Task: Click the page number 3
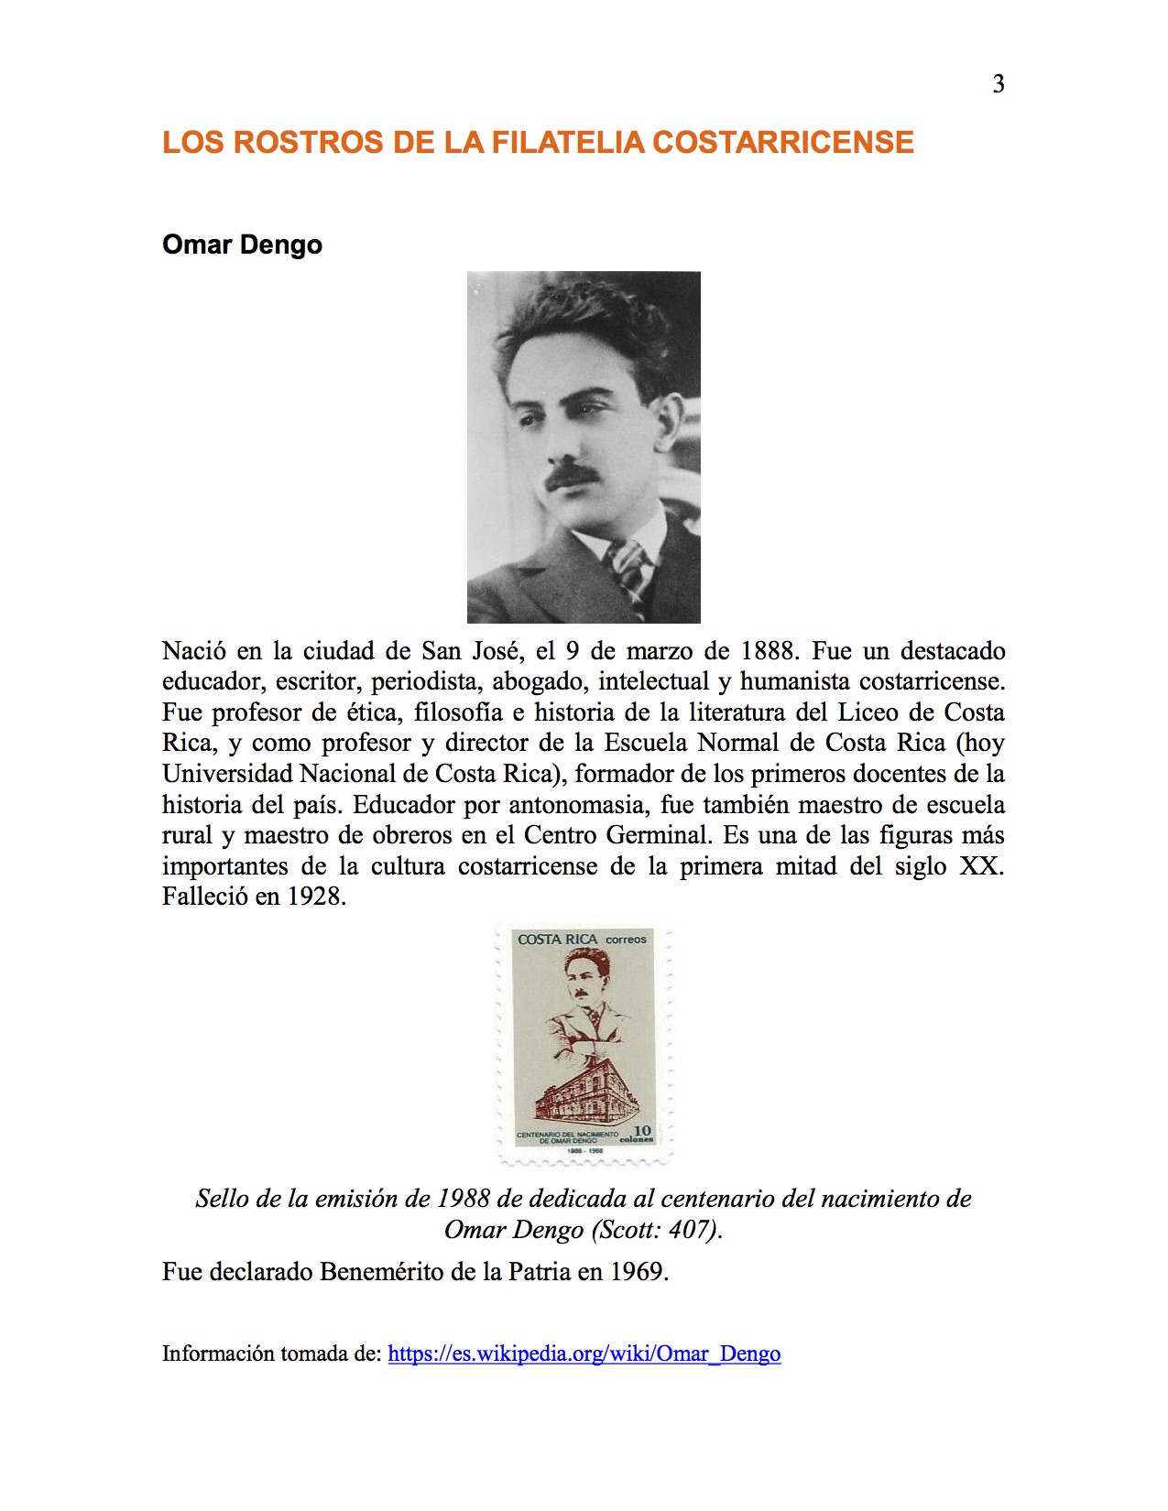(x=999, y=84)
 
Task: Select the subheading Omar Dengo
(x=242, y=245)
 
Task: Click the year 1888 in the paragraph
(x=769, y=651)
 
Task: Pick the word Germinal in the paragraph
(x=657, y=836)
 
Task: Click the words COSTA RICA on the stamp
(x=557, y=940)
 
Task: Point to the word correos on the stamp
(x=627, y=940)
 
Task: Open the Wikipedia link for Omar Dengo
(x=584, y=1354)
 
